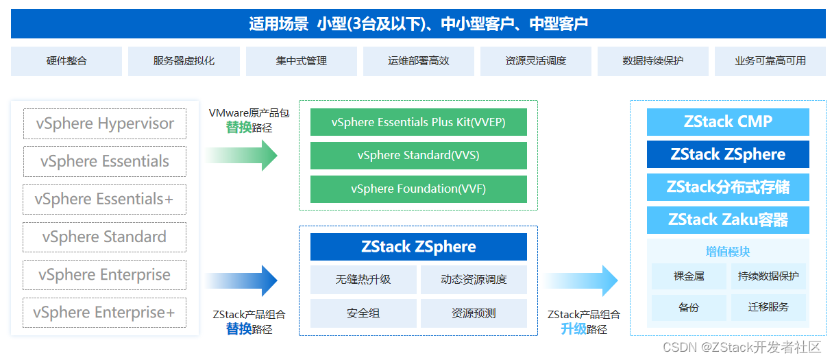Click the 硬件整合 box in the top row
pos(66,61)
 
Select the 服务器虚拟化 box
pos(184,61)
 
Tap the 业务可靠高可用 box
pos(770,61)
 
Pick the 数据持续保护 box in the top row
pos(652,61)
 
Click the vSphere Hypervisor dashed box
pos(104,124)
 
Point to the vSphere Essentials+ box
pos(104,200)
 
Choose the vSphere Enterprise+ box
pos(104,313)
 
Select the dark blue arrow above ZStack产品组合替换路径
pos(243,280)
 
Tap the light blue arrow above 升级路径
pos(583,280)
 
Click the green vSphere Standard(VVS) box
pos(418,156)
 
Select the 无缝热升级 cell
pos(363,280)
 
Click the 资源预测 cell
pos(474,313)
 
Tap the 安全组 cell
pos(363,313)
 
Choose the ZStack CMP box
pos(728,122)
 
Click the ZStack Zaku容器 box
pos(728,220)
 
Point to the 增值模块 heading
pos(728,252)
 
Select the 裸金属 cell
pos(689,277)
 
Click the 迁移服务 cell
pos(768,307)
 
